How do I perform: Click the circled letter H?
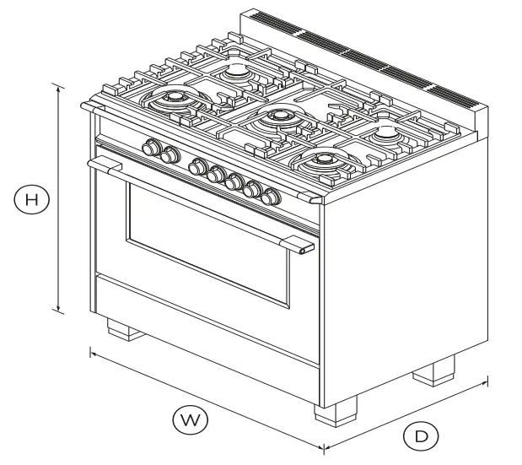click(x=32, y=200)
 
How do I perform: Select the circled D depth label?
click(x=421, y=436)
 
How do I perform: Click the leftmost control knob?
click(x=152, y=149)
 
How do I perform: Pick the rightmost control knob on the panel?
click(x=271, y=197)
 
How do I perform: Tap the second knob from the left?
click(x=170, y=154)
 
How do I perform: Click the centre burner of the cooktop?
click(x=274, y=119)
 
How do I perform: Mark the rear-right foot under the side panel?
click(x=434, y=369)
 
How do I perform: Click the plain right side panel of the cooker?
click(x=405, y=270)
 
